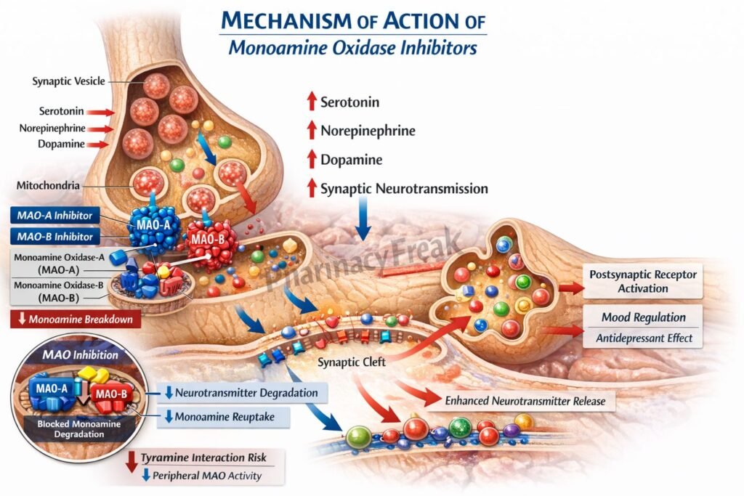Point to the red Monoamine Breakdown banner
[76, 320]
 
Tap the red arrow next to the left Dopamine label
[98, 144]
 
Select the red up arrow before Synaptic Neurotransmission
[311, 188]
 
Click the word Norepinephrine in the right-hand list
[368, 131]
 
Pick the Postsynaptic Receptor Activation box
[642, 282]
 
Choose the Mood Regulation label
[643, 317]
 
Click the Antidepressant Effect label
[643, 338]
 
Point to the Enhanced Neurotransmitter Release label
[527, 400]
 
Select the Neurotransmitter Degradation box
[246, 393]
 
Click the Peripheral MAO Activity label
[211, 476]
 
